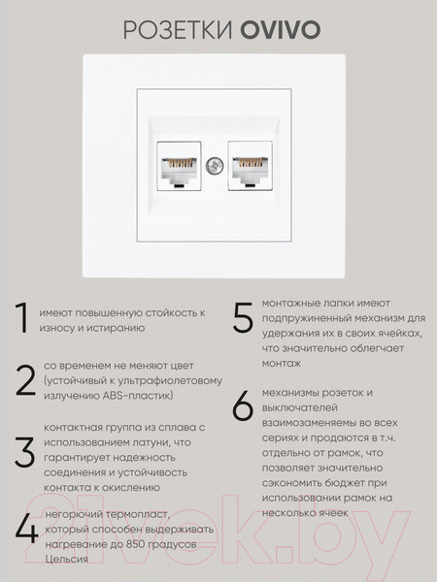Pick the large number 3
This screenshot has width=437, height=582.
click(x=23, y=451)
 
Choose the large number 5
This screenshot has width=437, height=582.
click(x=243, y=319)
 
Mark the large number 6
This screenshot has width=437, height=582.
click(x=243, y=407)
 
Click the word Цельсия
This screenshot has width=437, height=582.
click(x=65, y=559)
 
